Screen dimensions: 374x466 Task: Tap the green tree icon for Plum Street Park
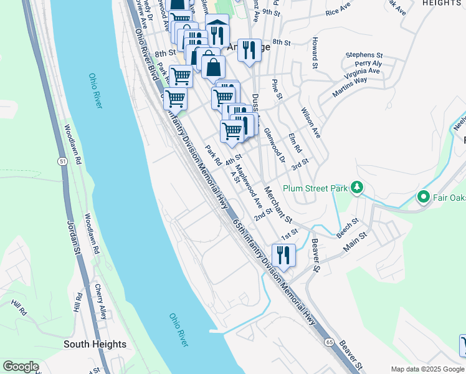(357, 187)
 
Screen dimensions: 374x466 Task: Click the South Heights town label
(95, 344)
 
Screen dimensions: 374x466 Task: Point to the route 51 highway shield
(62, 161)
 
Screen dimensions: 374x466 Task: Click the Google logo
(21, 366)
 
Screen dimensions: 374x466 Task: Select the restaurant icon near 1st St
(283, 256)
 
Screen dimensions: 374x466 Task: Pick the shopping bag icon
(212, 67)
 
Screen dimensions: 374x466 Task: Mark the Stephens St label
(364, 55)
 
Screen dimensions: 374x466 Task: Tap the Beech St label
(347, 226)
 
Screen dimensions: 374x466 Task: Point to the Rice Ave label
(338, 11)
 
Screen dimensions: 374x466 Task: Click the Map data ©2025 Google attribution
(428, 368)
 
